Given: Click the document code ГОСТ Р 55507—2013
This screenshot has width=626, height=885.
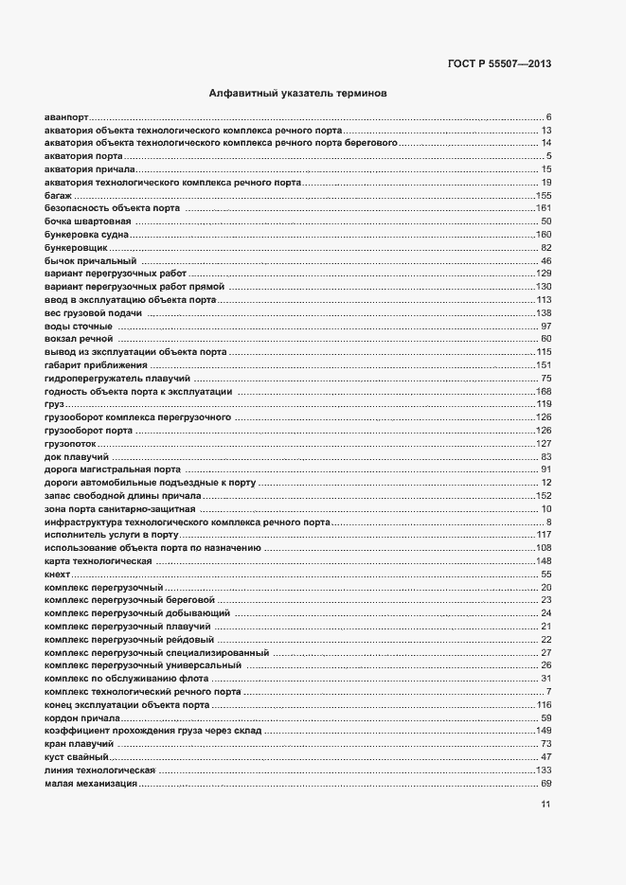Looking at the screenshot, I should tap(499, 64).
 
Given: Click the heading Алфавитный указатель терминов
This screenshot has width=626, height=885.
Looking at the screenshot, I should tap(296, 95).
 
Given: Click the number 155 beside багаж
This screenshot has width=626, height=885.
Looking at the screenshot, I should tap(544, 195).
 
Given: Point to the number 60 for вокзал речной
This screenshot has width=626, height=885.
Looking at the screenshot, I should tap(546, 339).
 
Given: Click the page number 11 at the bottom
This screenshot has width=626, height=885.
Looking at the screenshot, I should tap(546, 805).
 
